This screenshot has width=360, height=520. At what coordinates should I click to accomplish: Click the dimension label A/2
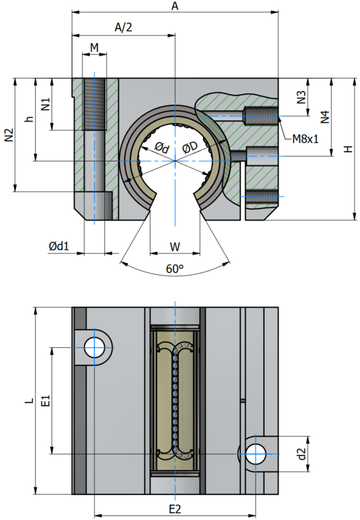click(x=123, y=27)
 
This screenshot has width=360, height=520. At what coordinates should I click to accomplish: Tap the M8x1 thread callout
click(x=305, y=139)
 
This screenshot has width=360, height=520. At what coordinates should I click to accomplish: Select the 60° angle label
click(x=175, y=269)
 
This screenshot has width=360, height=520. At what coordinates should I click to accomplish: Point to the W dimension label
click(x=175, y=247)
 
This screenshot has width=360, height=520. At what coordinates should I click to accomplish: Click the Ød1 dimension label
click(x=59, y=246)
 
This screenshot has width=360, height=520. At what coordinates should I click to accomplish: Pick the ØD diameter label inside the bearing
click(x=190, y=147)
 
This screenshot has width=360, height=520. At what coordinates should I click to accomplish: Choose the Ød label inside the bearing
click(x=162, y=147)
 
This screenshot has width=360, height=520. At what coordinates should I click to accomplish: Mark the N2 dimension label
click(x=9, y=135)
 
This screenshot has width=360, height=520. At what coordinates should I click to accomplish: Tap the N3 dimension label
click(x=301, y=97)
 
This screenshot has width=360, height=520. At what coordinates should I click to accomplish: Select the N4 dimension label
click(x=325, y=117)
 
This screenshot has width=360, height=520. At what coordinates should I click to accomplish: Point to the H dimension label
click(x=348, y=149)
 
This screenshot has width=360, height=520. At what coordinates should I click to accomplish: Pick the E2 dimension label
click(x=175, y=509)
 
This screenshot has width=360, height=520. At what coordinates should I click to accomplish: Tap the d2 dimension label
click(x=301, y=454)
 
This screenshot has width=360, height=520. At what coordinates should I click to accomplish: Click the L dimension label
click(x=30, y=401)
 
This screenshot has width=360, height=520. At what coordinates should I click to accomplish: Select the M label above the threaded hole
click(x=95, y=48)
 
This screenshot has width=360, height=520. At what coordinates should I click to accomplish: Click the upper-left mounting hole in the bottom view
click(x=95, y=348)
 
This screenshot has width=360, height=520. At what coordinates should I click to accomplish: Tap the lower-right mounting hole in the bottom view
click(x=256, y=454)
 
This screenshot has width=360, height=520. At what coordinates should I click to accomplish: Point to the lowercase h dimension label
click(x=30, y=119)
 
